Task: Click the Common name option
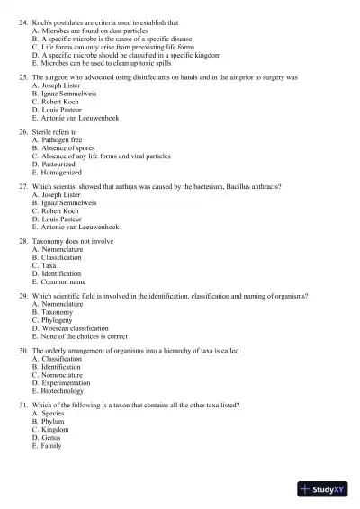click(x=64, y=281)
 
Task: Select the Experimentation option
click(x=66, y=383)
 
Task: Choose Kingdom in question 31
click(x=56, y=430)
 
